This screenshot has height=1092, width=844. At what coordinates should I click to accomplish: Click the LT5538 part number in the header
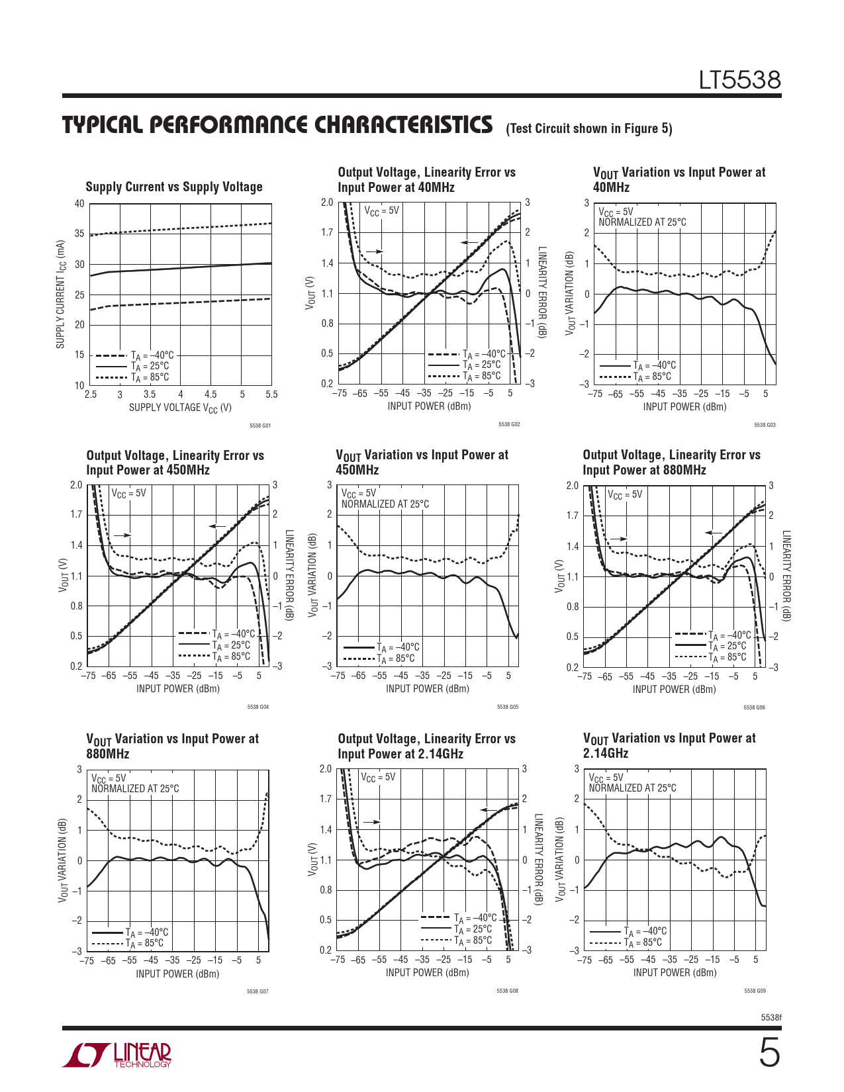coord(740,81)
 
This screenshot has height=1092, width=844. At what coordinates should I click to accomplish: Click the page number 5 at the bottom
coord(769,1054)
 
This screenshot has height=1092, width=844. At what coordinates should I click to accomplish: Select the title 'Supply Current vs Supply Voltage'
coord(174,187)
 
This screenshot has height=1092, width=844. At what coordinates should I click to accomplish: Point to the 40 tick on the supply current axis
coord(79,204)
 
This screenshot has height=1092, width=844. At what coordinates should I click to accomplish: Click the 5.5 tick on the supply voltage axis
coord(271,394)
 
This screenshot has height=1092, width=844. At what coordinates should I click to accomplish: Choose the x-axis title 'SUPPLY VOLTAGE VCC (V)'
coord(180,408)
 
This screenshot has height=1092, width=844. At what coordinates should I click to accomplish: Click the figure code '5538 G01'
coord(260,426)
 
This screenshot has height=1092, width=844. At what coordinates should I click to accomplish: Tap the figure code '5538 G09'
coord(755,991)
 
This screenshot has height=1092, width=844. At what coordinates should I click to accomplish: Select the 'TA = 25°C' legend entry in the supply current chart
coord(150,366)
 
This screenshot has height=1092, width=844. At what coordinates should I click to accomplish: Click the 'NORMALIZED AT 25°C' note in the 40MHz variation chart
coord(642,222)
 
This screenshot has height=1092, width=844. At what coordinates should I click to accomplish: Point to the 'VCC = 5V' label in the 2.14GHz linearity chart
coord(378,777)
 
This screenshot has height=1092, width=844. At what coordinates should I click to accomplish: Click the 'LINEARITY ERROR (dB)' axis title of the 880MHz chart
coord(786,576)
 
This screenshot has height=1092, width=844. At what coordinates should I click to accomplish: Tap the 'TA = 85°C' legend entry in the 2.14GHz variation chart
coord(643,942)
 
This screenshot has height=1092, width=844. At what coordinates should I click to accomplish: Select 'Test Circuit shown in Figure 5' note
coord(588,128)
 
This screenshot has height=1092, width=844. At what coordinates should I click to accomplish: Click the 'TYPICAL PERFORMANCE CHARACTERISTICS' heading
coord(277,125)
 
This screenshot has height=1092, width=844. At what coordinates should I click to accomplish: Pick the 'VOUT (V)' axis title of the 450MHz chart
coord(64,574)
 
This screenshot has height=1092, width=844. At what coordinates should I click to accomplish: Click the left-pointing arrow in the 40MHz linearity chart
coord(469,243)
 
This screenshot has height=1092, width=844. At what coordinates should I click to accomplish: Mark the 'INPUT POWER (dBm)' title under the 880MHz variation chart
coord(177,974)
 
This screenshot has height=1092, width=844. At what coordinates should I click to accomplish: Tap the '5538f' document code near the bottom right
coord(771,1017)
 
